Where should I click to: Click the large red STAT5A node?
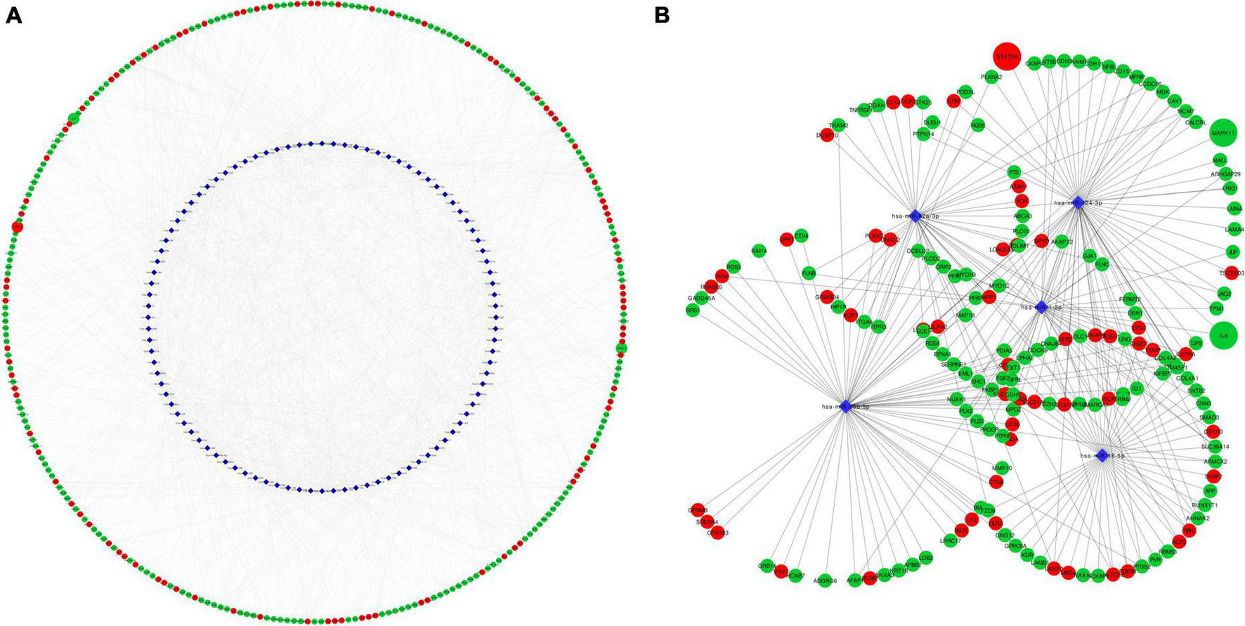point(1006,56)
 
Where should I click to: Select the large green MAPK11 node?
point(1223,132)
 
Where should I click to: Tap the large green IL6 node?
point(1223,336)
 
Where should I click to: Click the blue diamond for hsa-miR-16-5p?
point(1102,455)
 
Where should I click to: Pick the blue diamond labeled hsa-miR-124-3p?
point(1078,202)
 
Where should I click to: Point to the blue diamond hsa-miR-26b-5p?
point(846,406)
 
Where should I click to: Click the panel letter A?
point(13,15)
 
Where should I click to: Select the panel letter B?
point(661,15)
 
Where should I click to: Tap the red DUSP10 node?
point(827,136)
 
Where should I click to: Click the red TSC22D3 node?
point(1231,273)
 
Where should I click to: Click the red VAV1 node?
point(780,572)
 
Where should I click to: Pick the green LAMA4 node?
point(1234,229)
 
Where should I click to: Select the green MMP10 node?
point(1002,468)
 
